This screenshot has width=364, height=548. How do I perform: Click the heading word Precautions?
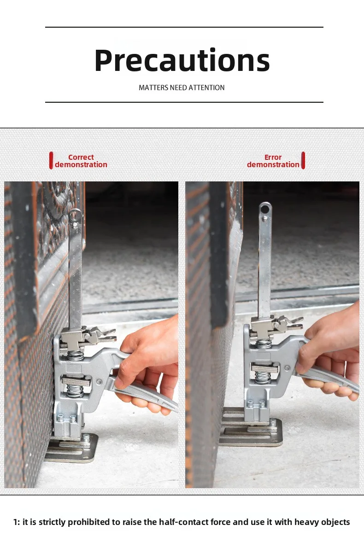[182, 61]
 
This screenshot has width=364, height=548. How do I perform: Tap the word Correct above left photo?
[81, 157]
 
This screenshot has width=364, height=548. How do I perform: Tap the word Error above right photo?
[273, 157]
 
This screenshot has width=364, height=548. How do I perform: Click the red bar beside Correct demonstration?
[51, 161]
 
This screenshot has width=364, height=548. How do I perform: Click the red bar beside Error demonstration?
[303, 161]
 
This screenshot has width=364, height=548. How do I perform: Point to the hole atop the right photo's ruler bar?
[265, 209]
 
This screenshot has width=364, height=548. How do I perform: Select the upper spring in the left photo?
[76, 355]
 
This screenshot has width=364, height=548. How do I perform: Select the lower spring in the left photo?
[76, 391]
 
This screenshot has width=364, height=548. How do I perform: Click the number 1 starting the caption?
[16, 522]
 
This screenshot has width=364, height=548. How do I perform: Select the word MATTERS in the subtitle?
[153, 87]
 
